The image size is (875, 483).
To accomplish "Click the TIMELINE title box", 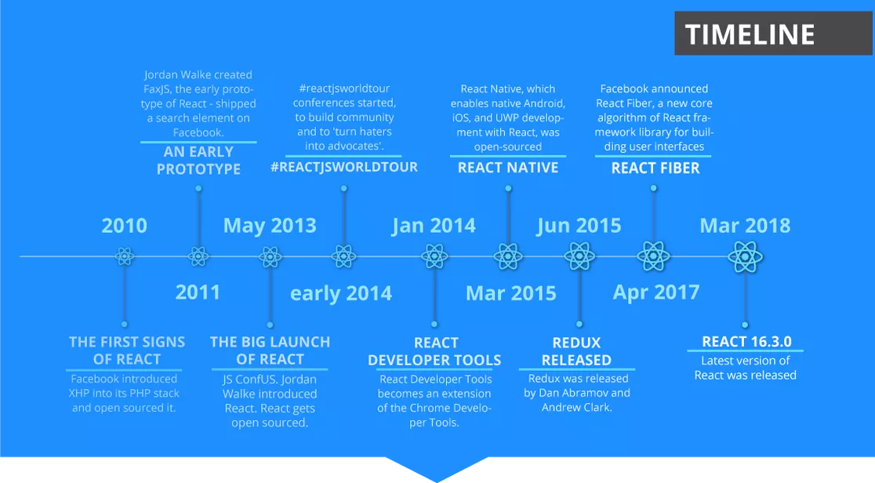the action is point(773,34).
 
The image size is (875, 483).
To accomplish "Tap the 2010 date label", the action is point(125,226).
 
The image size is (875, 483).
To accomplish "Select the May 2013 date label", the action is point(270,226).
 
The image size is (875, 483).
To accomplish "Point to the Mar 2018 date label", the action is point(745,226).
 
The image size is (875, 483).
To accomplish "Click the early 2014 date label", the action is point(341,293).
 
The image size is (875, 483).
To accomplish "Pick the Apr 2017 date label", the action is point(656,292).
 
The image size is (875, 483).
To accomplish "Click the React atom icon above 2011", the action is point(198,257).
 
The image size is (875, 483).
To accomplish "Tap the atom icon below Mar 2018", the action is point(745,257).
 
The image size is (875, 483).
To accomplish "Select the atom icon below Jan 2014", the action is point(434,257).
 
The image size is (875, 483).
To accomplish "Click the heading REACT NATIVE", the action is point(508,168).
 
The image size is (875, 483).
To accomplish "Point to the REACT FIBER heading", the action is point(655,168).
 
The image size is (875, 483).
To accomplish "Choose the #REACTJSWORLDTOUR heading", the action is point(343,167).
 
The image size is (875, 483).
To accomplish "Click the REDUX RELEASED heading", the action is point(576,351).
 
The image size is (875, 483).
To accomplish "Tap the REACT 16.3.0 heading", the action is point(746,341).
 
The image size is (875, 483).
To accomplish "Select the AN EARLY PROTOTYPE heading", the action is point(198,160).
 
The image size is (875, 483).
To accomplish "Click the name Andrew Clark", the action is point(576,407).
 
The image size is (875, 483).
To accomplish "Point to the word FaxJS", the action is point(157,89).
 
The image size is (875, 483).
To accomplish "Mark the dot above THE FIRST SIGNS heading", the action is point(125,324).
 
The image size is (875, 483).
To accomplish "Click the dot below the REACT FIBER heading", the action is point(653,188).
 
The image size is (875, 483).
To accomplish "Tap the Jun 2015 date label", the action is point(579,226).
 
